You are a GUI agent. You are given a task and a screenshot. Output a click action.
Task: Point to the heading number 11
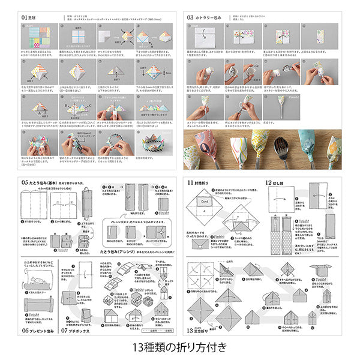tap(190, 182)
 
